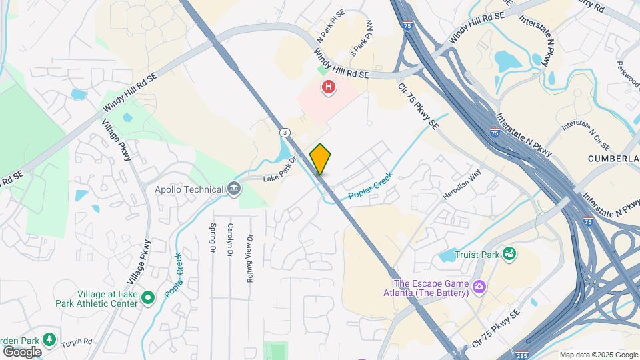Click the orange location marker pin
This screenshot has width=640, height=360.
tap(321, 159)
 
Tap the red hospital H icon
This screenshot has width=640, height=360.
tap(328, 87)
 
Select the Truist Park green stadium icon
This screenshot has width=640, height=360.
tap(509, 253)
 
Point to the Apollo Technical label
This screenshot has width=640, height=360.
tap(189, 189)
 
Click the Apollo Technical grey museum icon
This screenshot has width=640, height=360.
tap(234, 189)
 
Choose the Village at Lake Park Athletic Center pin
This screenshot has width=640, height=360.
tap(148, 297)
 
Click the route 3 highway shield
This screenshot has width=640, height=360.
tap(285, 132)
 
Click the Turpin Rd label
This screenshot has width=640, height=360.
tap(77, 341)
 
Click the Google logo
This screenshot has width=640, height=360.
tap(22, 351)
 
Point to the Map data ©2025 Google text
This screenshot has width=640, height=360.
tap(599, 355)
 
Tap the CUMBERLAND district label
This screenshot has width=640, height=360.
tap(613, 159)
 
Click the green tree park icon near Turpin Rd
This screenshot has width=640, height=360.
tap(49, 339)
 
